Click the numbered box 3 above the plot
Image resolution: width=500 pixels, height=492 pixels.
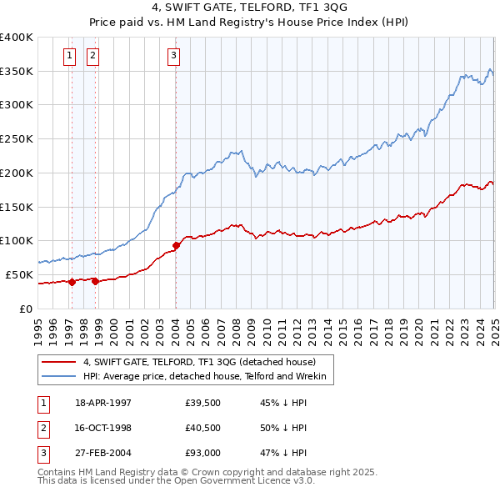(x=173, y=56)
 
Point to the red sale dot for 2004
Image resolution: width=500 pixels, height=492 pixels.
(x=177, y=245)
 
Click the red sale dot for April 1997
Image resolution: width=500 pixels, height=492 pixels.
(x=72, y=282)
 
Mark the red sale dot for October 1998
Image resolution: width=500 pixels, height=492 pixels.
(x=95, y=281)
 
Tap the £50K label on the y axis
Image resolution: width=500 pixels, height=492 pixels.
(x=19, y=274)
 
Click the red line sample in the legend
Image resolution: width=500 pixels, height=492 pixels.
(x=59, y=362)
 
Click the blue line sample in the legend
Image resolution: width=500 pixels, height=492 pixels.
(x=59, y=377)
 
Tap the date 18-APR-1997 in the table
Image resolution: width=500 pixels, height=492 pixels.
(x=103, y=403)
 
